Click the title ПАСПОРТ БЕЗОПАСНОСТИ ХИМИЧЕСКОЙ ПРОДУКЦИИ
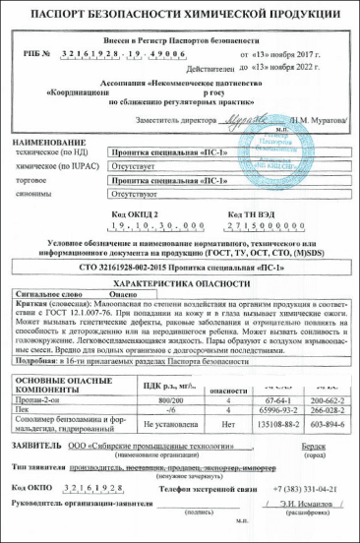click(x=180, y=17)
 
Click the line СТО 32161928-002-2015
click(x=181, y=267)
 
